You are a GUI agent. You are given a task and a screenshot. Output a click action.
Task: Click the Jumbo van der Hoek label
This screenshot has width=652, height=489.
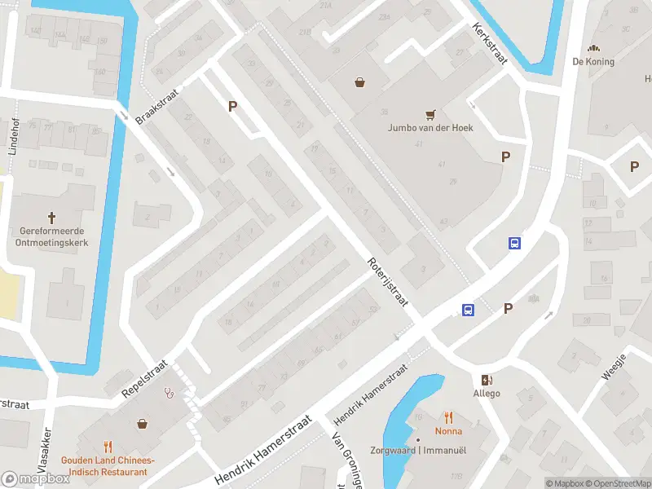[430, 128]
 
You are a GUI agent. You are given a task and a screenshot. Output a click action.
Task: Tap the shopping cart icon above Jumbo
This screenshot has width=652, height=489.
[431, 114]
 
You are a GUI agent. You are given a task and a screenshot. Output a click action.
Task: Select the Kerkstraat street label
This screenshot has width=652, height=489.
[490, 40]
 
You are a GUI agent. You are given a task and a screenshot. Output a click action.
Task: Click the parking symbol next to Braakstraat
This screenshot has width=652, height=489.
[232, 106]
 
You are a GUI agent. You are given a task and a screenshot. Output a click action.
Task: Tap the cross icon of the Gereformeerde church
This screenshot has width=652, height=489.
[52, 218]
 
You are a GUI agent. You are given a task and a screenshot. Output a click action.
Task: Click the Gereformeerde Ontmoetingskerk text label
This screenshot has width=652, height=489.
[52, 236]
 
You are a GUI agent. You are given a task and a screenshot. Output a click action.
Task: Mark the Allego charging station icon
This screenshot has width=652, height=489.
[487, 380]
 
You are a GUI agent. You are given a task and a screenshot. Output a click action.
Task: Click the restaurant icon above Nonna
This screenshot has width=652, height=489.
[448, 417]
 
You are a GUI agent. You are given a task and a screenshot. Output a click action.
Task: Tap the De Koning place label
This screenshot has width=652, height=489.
[593, 61]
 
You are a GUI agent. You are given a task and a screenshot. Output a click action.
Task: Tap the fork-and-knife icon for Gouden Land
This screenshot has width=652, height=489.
[108, 446]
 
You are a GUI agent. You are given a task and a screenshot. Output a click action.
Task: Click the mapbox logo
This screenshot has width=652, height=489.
[36, 479]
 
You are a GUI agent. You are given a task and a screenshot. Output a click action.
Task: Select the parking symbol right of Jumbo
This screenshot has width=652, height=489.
[505, 157]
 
